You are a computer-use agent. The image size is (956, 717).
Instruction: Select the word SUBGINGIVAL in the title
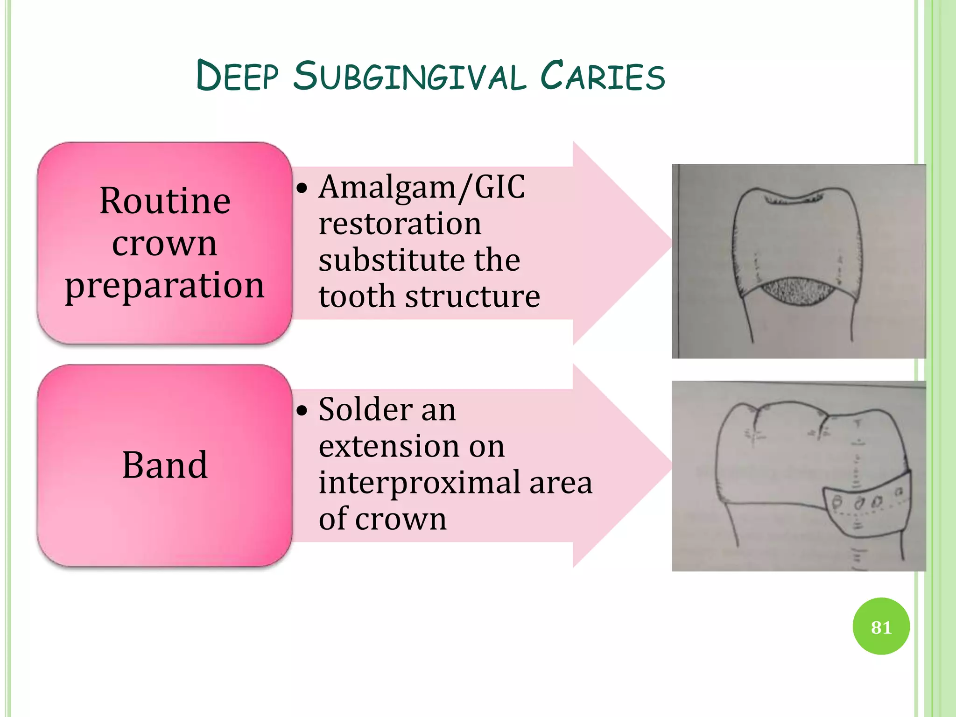coord(409,77)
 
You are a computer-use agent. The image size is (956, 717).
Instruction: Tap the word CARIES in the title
coord(602,77)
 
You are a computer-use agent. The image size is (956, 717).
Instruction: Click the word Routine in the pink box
coord(165,201)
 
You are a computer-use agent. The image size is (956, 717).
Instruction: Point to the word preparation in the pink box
coord(165,285)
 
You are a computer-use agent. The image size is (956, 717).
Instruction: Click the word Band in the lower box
coord(165,465)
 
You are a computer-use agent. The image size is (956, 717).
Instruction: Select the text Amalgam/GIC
coord(422,187)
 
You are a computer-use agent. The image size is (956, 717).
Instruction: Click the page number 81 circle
coord(881,626)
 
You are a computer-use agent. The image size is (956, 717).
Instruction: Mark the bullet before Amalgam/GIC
coord(302,189)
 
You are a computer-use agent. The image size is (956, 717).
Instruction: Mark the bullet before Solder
coord(302,411)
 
